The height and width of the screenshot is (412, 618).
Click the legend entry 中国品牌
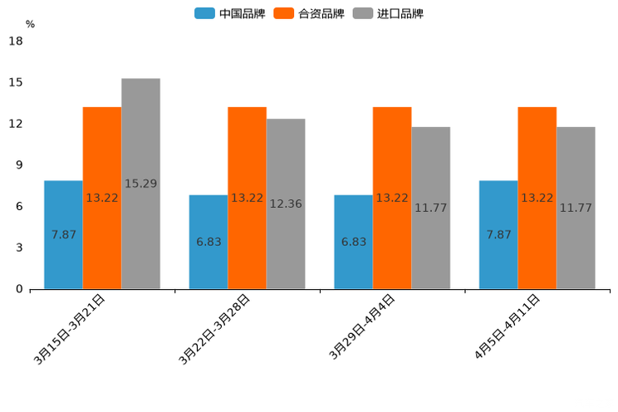coord(230,13)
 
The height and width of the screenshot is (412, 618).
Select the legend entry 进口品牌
coord(388,13)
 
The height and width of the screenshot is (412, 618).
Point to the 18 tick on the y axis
coord(15,42)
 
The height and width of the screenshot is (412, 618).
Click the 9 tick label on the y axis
coord(18,165)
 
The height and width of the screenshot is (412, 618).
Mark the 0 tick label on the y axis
coord(18,289)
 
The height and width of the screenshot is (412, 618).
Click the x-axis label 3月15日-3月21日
coord(70,329)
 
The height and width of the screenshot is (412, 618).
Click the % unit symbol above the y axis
coord(30,24)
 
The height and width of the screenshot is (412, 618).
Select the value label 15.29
coord(140,184)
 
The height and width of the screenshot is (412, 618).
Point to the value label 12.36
coord(286,204)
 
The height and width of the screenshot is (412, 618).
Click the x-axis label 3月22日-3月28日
coord(215,329)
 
